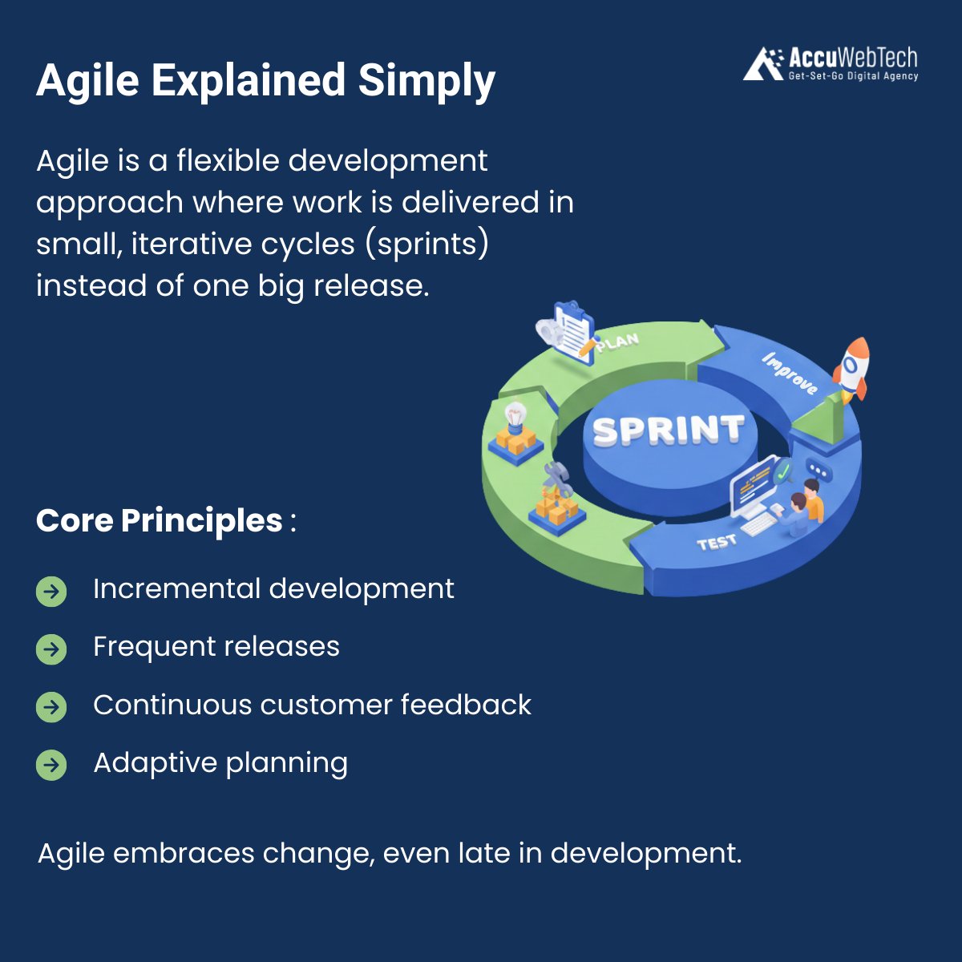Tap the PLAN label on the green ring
click(x=617, y=342)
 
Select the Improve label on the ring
click(x=790, y=374)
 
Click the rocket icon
click(x=851, y=370)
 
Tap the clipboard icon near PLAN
click(x=569, y=331)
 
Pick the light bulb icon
click(x=515, y=415)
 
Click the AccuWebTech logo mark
click(x=763, y=63)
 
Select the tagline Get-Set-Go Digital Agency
click(x=853, y=76)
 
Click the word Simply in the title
click(x=426, y=81)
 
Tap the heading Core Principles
click(x=160, y=520)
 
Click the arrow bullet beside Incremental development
click(x=51, y=592)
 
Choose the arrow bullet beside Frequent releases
click(x=51, y=649)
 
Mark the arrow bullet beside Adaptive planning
click(x=51, y=765)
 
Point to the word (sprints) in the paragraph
click(x=427, y=245)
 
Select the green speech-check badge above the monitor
click(x=782, y=471)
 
